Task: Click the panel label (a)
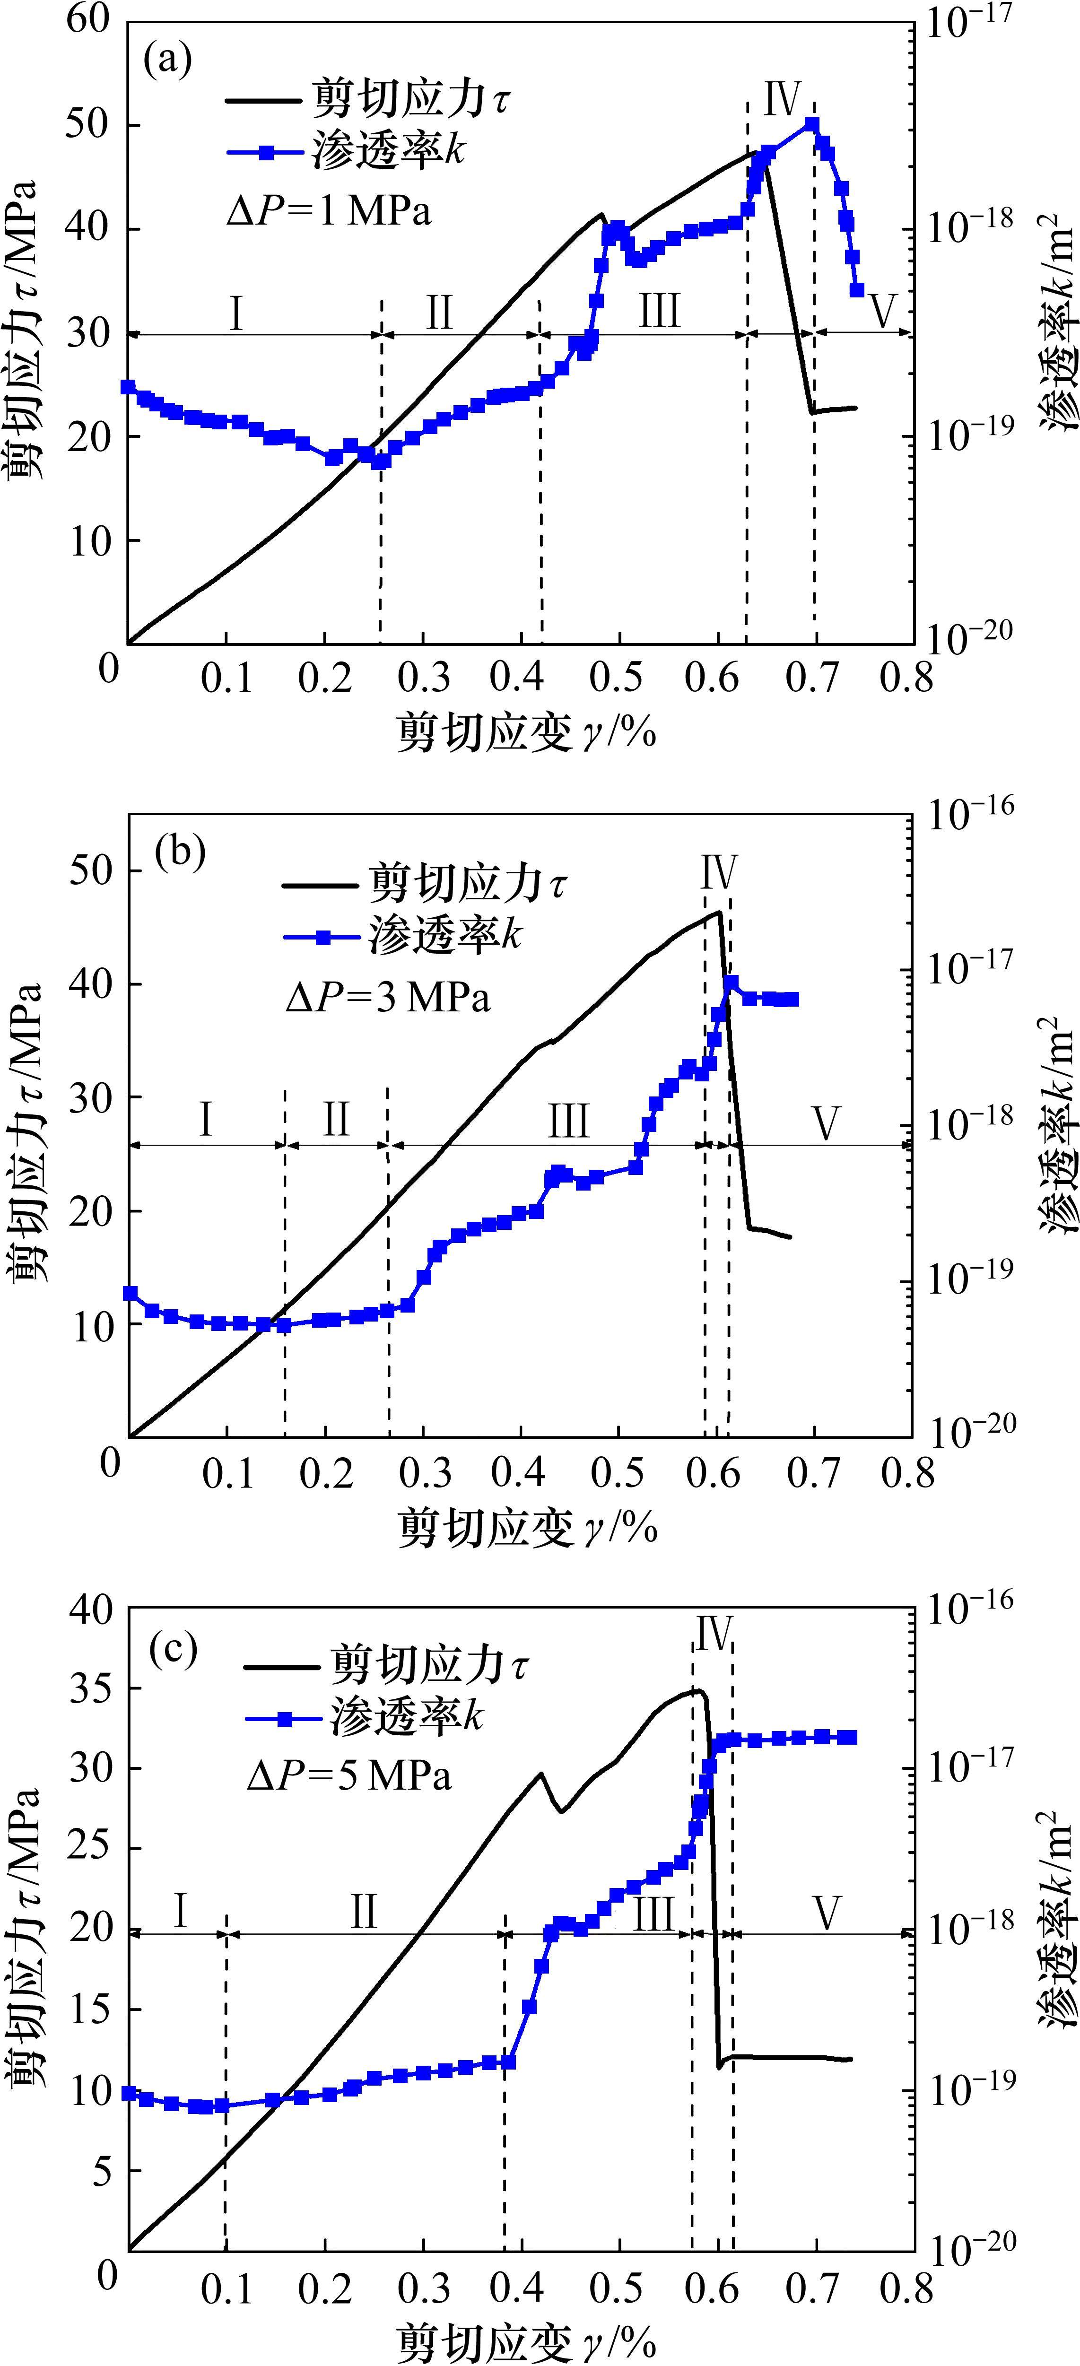[168, 60]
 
